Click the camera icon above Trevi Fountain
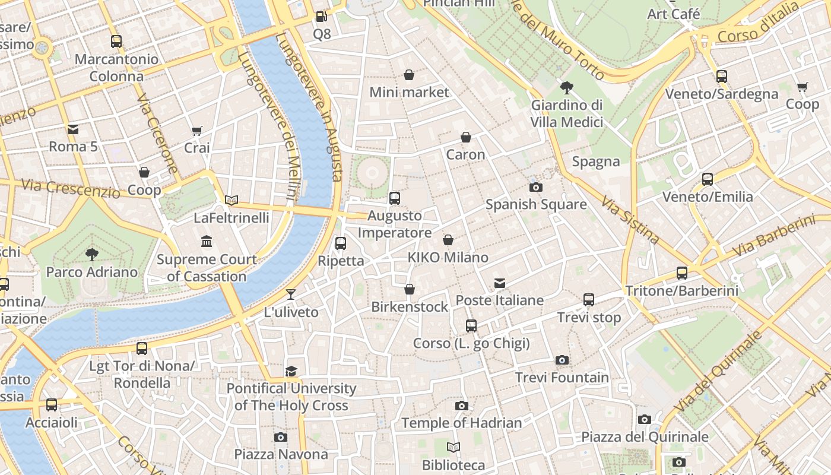562,360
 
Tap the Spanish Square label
536,204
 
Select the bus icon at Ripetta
341,243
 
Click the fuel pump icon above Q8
321,17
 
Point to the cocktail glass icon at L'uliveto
291,294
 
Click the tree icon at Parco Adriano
92,255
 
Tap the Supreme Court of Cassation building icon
207,241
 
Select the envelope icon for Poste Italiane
500,283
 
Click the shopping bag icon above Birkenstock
409,289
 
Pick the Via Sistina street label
630,220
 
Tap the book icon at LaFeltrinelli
231,200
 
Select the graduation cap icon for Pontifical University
291,371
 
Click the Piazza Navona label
281,454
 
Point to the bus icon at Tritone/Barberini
682,273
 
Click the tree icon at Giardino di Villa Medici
566,88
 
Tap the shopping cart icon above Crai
196,130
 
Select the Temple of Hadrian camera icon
461,406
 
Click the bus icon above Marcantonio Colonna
116,42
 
